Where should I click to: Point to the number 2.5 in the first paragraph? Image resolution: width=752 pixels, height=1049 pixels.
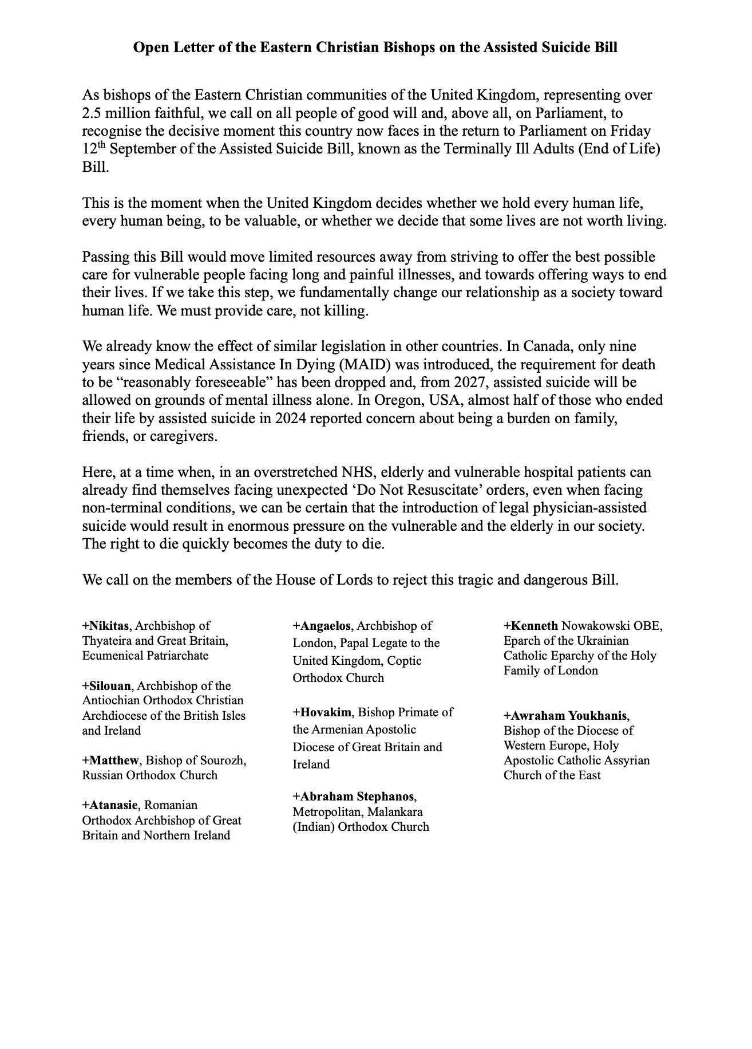pyautogui.click(x=92, y=113)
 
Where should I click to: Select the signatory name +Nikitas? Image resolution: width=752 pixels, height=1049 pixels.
pyautogui.click(x=105, y=626)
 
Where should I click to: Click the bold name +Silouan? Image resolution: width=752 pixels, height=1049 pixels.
pyautogui.click(x=106, y=686)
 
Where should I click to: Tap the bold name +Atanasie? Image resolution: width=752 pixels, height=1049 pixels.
pyautogui.click(x=110, y=805)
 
